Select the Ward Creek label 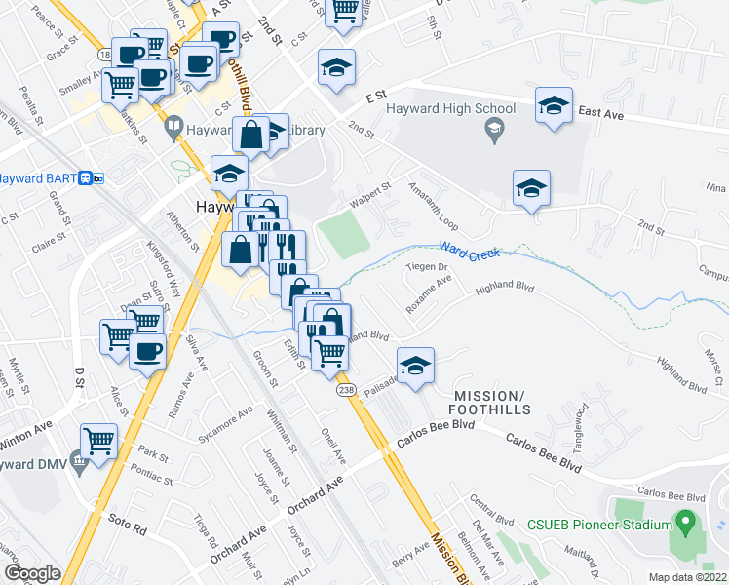tap(470, 253)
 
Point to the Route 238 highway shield tap(345, 390)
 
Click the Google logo tap(32, 572)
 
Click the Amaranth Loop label tap(433, 207)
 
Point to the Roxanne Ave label tap(431, 293)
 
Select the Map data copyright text tap(687, 576)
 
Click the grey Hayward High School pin tap(496, 131)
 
